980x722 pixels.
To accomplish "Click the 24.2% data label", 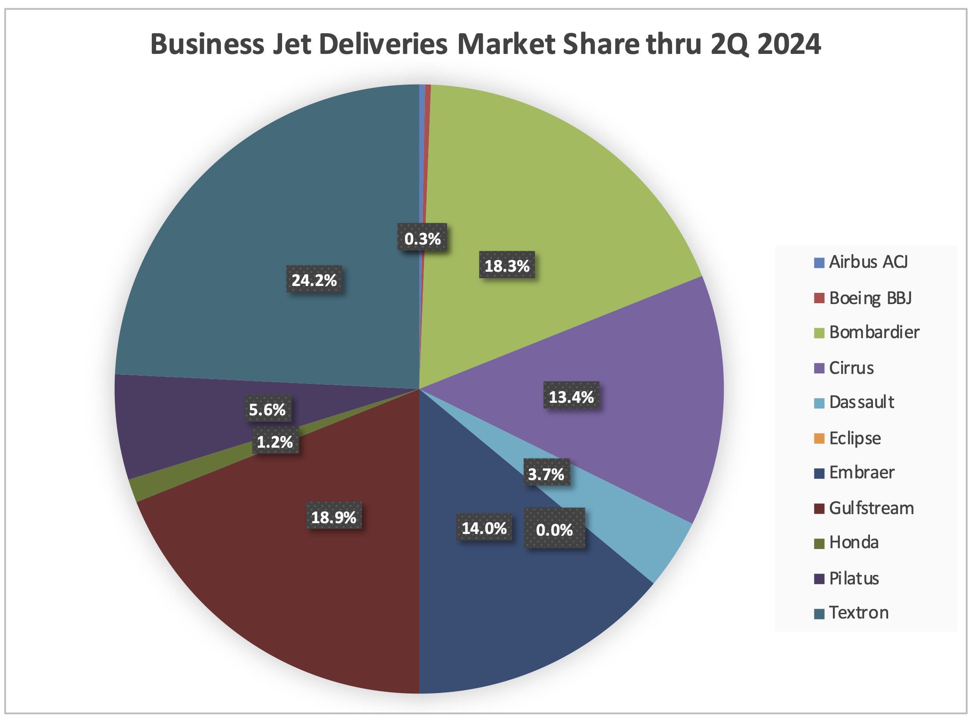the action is point(314,280).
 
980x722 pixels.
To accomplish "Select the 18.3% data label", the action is point(507,265).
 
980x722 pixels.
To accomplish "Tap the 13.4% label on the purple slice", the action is point(571,397).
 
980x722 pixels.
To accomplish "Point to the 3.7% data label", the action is point(547,474).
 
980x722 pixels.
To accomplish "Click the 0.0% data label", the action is point(554,530).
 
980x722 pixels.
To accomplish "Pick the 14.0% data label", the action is point(484,528).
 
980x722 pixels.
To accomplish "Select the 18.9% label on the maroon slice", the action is point(334,517).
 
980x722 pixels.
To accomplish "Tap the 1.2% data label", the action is point(274,442).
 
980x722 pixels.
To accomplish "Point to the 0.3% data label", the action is point(422,239).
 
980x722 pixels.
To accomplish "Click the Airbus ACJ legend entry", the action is point(861,262).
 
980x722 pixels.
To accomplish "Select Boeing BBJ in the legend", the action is point(863,298).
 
